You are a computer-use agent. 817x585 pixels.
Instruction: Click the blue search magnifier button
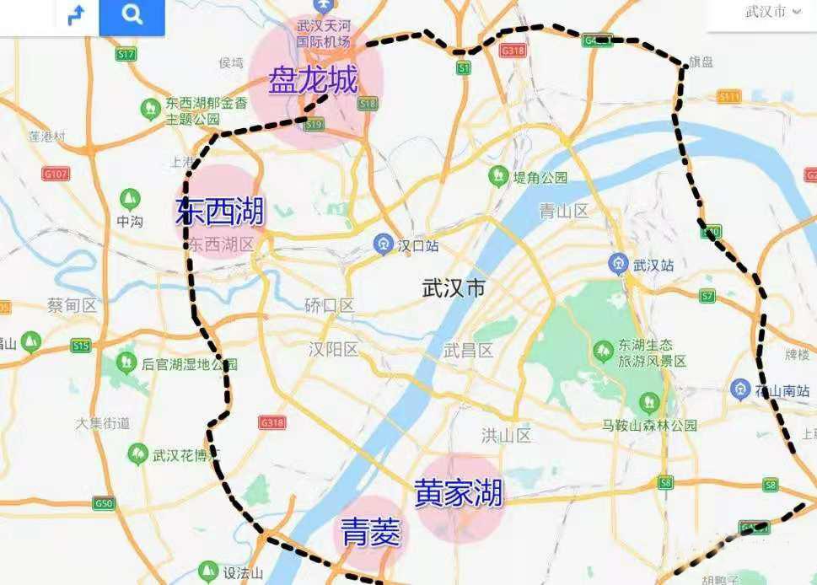click(132, 15)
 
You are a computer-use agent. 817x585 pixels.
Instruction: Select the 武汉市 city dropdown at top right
click(772, 12)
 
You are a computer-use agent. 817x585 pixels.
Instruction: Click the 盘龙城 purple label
click(313, 82)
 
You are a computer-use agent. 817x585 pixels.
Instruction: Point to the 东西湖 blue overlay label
click(219, 211)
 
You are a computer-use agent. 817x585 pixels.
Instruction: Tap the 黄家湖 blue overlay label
click(459, 493)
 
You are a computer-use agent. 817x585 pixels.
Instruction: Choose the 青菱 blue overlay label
click(370, 532)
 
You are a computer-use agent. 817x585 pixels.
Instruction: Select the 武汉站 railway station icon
click(619, 263)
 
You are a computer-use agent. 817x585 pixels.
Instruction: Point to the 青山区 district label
click(563, 211)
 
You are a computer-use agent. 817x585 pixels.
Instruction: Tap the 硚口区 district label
click(330, 305)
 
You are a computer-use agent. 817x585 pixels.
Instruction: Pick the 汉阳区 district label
click(333, 349)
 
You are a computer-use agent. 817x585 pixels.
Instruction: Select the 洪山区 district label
click(506, 436)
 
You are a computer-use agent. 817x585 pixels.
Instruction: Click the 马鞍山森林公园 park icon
click(648, 402)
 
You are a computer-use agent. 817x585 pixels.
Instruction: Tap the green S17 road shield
click(126, 54)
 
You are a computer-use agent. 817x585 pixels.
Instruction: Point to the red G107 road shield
click(56, 174)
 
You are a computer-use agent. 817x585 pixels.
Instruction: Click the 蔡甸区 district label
click(74, 305)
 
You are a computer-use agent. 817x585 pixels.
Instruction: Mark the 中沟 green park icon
click(129, 200)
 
